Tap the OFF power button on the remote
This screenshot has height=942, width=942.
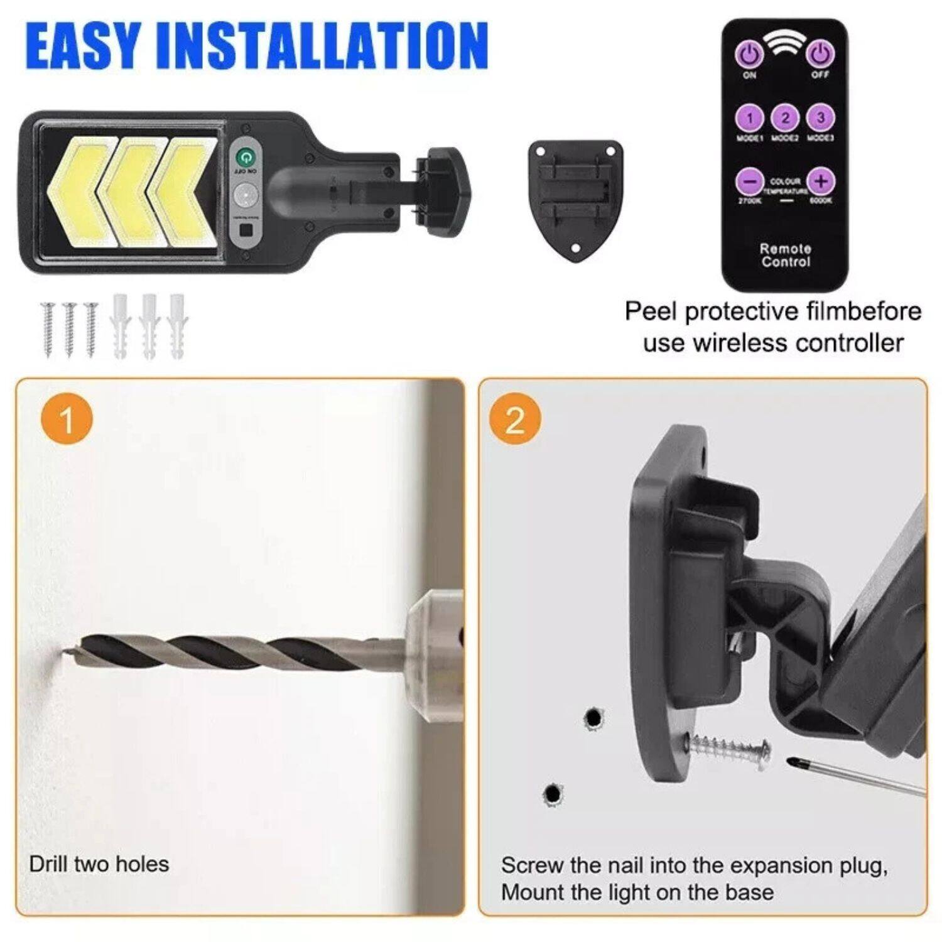tap(820, 55)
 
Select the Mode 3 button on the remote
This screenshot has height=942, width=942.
tap(820, 117)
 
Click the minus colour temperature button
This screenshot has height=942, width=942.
tap(749, 181)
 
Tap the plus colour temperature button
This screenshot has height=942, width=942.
tap(820, 181)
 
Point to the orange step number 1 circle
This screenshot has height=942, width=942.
tap(66, 420)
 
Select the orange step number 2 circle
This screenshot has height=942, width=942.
tap(514, 420)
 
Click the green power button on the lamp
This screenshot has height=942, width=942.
tap(245, 156)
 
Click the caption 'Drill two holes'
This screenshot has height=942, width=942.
tap(99, 864)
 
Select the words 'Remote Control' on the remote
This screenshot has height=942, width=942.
tap(785, 255)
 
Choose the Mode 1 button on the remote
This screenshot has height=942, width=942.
tap(749, 117)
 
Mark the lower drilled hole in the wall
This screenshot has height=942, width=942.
tap(553, 794)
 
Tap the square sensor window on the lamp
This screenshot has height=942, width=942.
tap(246, 230)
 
